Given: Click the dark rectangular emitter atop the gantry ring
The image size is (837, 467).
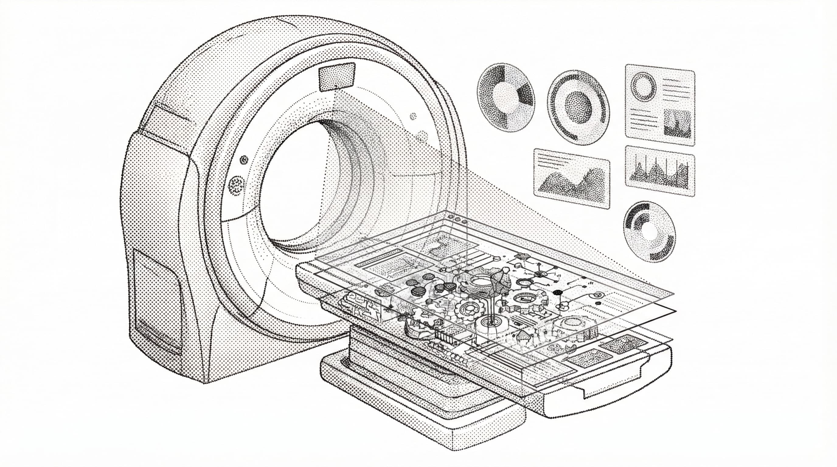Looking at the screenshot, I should pyautogui.click(x=337, y=77).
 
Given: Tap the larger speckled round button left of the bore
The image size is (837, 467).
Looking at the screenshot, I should pyautogui.click(x=236, y=185).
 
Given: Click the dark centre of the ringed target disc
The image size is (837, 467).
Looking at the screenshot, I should pyautogui.click(x=579, y=107).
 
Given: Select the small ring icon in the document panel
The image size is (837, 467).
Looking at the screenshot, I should pyautogui.click(x=643, y=85).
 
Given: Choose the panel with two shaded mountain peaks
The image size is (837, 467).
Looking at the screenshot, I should pyautogui.click(x=572, y=178).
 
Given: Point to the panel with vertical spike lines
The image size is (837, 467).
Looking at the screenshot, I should pyautogui.click(x=660, y=171).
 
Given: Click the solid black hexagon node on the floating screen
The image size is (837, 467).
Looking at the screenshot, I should pyautogui.click(x=558, y=292).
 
